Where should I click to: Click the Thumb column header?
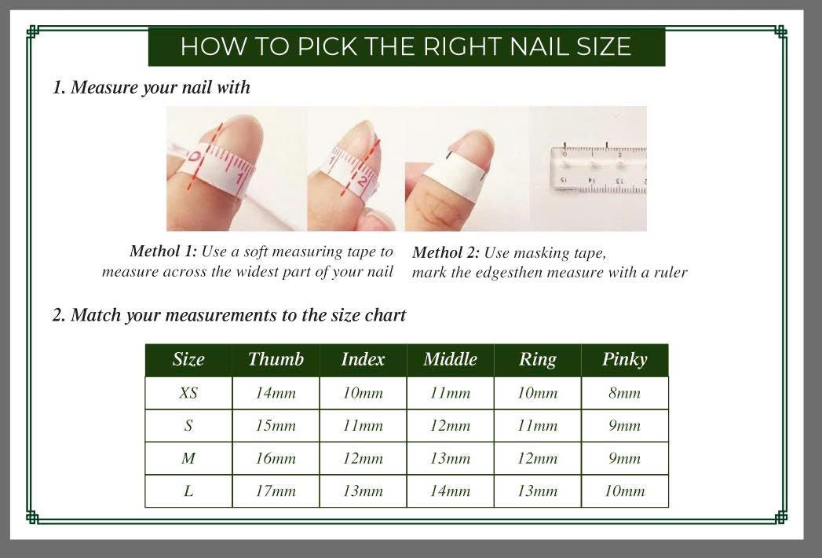pyautogui.click(x=276, y=360)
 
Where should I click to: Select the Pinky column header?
pyautogui.click(x=624, y=360)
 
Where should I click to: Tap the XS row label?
pyautogui.click(x=188, y=393)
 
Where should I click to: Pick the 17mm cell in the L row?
pyautogui.click(x=276, y=491)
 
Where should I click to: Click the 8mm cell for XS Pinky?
pyautogui.click(x=624, y=393)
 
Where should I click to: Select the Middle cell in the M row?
pyautogui.click(x=450, y=458)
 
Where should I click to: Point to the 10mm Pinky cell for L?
pyautogui.click(x=624, y=491)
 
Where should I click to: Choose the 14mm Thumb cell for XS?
pyautogui.click(x=276, y=393)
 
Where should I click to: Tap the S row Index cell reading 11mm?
pyautogui.click(x=363, y=426)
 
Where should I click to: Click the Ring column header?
pyautogui.click(x=537, y=360)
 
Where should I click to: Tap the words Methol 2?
pyautogui.click(x=445, y=253)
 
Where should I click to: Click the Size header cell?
pyautogui.click(x=188, y=360)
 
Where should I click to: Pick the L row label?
pyautogui.click(x=188, y=491)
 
